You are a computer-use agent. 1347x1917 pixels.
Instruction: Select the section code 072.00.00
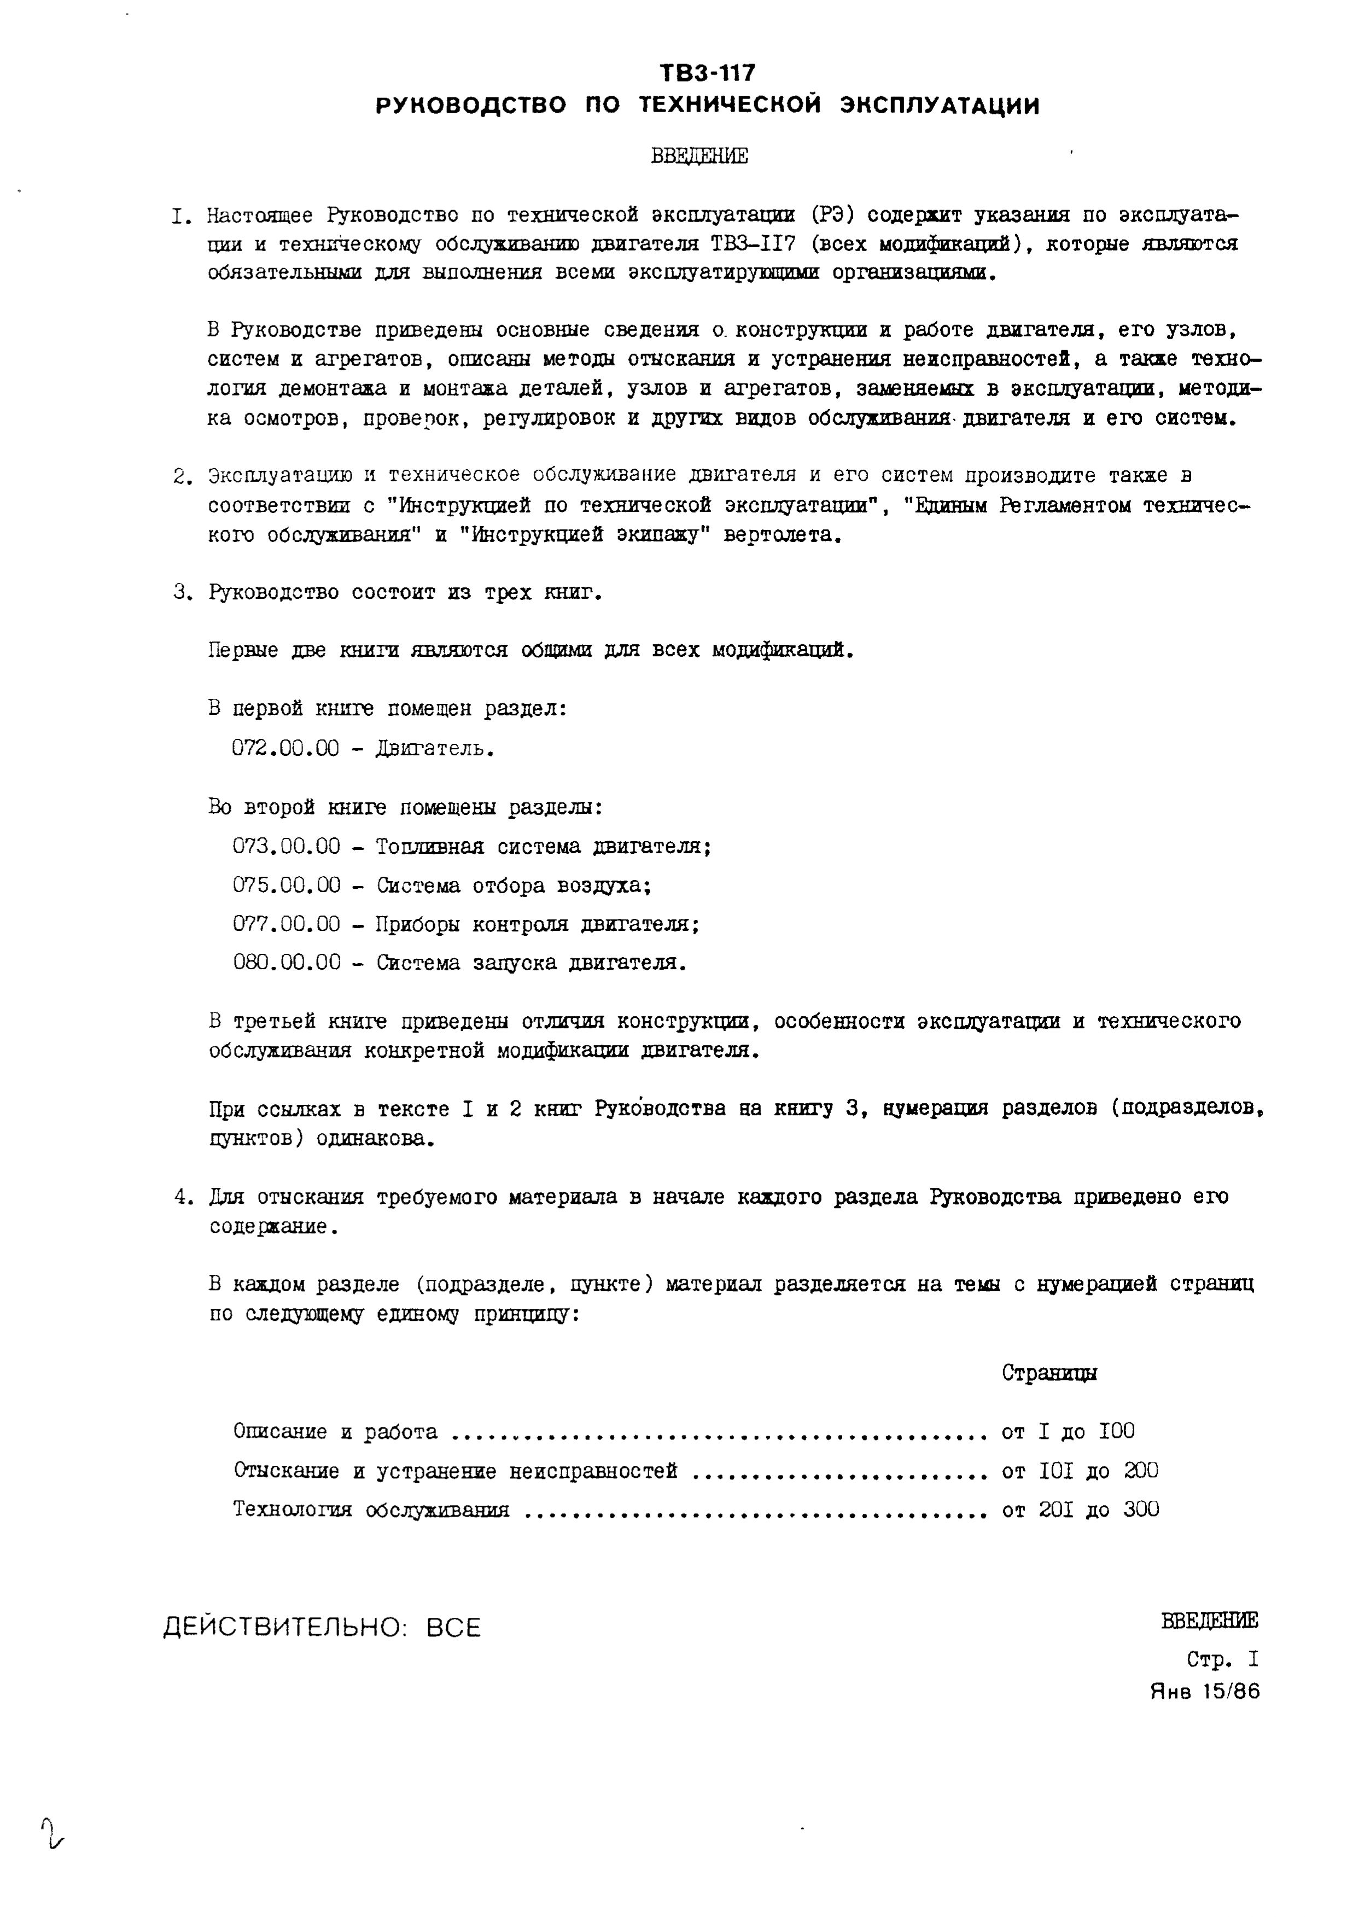[285, 748]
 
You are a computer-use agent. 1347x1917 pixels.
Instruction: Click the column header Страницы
[1049, 1373]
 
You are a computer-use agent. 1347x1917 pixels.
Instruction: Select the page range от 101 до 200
[1080, 1471]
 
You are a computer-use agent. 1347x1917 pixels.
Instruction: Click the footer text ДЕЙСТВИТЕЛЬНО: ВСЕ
[322, 1628]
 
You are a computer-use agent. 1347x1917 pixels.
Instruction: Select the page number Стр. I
[1222, 1659]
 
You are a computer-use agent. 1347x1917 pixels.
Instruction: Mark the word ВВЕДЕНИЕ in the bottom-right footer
[1209, 1622]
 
